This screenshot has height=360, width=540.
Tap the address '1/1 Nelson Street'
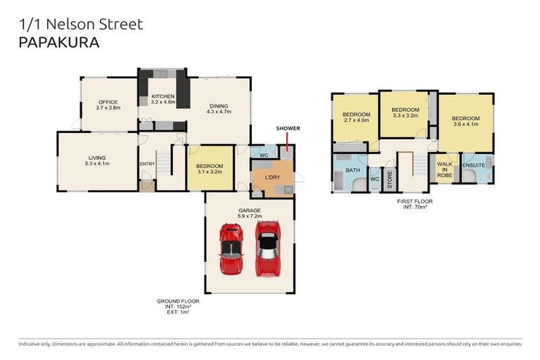point(81,25)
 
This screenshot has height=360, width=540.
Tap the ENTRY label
point(147,164)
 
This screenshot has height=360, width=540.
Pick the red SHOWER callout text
point(288,129)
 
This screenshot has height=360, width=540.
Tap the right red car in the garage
point(266,247)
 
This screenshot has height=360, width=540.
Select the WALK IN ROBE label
point(444,169)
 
